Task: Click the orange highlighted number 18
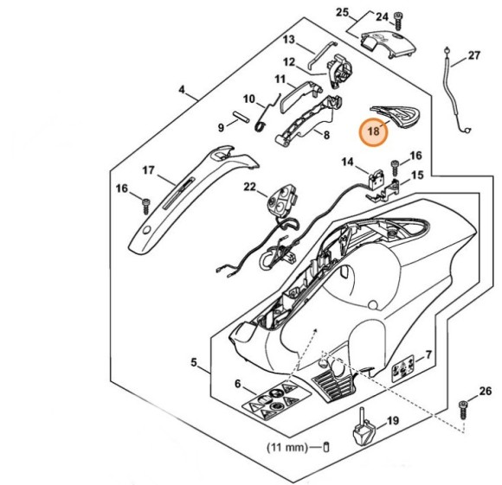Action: (x=373, y=132)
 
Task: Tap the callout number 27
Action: (x=473, y=56)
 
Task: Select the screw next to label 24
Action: (x=398, y=19)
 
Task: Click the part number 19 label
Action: (x=392, y=421)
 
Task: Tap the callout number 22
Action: (x=249, y=187)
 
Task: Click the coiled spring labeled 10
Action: (x=266, y=124)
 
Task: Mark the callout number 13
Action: (x=289, y=39)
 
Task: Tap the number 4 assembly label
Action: (x=182, y=89)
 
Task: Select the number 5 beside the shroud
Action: (x=195, y=362)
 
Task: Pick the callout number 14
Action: (x=348, y=162)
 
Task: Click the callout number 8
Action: (x=326, y=135)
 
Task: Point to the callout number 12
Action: (x=290, y=61)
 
